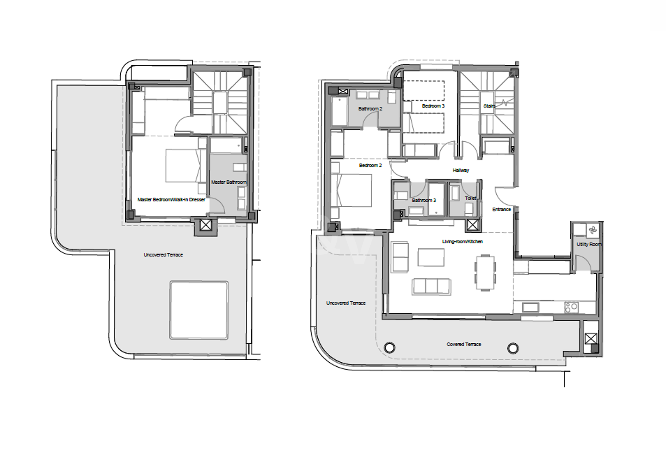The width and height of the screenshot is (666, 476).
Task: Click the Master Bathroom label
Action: tap(229, 182)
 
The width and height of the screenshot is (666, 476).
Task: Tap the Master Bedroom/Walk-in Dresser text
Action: tap(171, 200)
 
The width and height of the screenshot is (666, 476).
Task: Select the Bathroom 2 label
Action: tap(370, 109)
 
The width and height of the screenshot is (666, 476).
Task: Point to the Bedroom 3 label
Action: tap(433, 106)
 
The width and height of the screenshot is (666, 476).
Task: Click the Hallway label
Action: tap(461, 171)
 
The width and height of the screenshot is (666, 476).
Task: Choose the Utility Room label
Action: tap(589, 245)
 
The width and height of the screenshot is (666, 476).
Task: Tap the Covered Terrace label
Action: tap(464, 344)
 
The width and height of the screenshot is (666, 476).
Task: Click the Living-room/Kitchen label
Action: tap(462, 242)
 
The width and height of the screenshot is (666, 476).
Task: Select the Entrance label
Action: tap(502, 209)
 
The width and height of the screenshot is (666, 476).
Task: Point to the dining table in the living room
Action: tap(485, 272)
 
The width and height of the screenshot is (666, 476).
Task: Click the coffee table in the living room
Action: tap(431, 257)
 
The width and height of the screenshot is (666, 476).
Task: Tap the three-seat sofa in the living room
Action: tap(432, 286)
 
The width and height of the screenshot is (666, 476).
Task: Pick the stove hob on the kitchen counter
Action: tap(571, 308)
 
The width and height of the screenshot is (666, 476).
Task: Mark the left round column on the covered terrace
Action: tap(390, 347)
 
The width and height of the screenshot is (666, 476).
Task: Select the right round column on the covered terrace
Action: tap(513, 348)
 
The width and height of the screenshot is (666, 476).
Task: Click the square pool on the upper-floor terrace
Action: tap(199, 310)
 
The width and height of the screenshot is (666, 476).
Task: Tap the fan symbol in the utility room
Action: tap(592, 230)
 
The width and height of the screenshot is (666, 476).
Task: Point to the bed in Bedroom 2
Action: tap(351, 190)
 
